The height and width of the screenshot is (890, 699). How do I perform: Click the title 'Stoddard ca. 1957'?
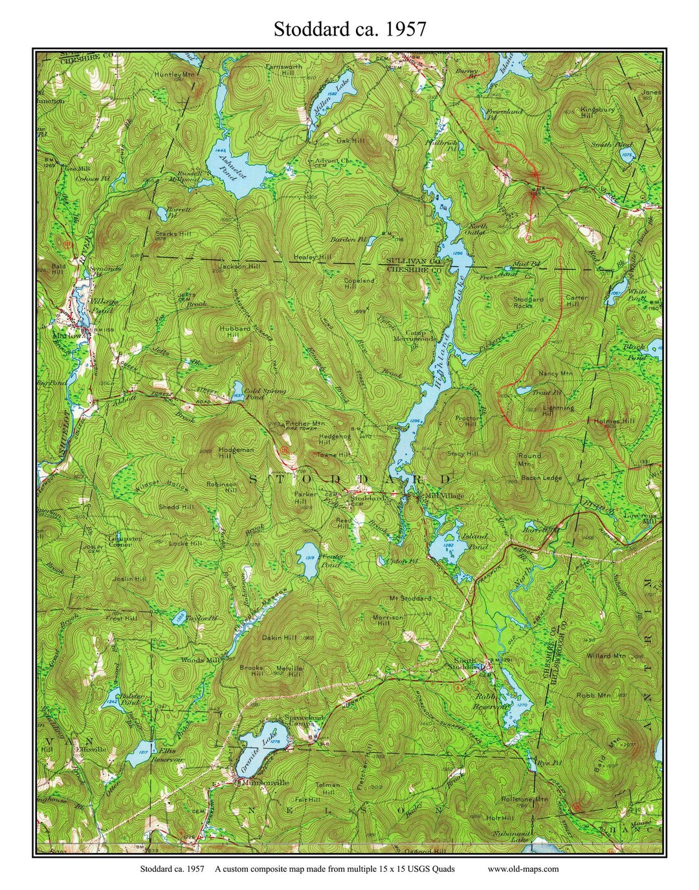(349, 29)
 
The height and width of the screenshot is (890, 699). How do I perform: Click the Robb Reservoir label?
(492, 702)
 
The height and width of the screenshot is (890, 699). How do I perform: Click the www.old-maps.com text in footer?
(523, 869)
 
